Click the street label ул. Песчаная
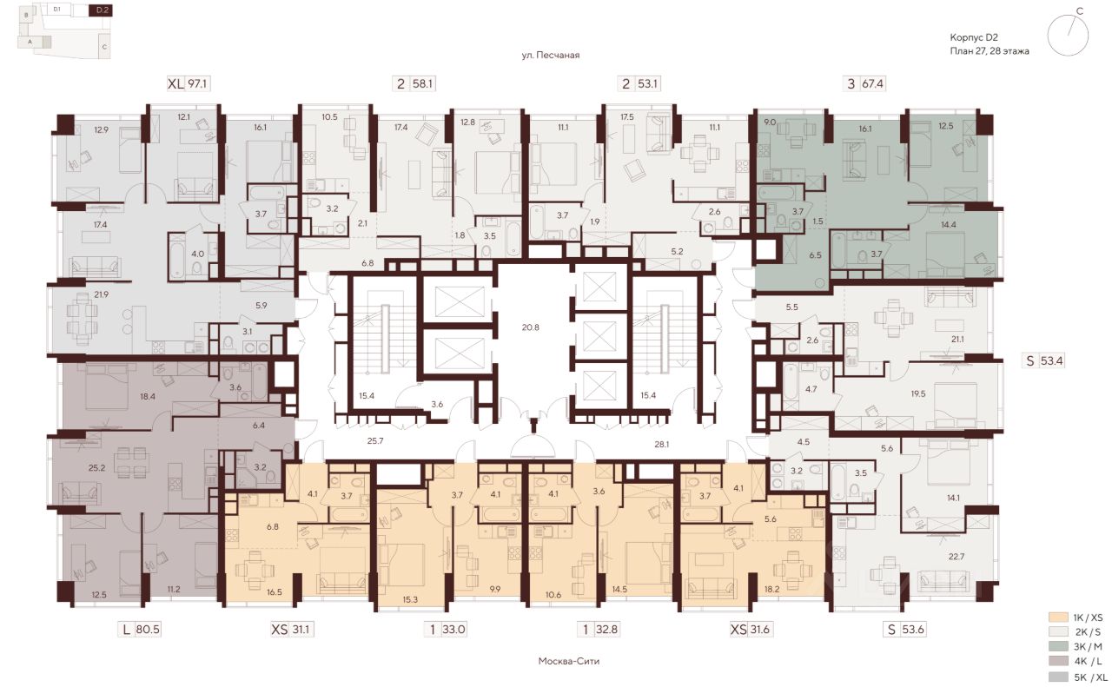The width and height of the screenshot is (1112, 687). pos(551,55)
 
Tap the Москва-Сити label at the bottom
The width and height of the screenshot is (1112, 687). pos(569,661)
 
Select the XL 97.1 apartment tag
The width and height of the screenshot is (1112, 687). pos(188,83)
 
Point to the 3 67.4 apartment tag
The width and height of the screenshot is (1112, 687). pos(864,83)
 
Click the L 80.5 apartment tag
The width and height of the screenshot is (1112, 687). pos(141,630)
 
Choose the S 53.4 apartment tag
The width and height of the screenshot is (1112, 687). pos(1044,361)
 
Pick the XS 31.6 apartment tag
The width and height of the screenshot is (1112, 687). pos(750,630)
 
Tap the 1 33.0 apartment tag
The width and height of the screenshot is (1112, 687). pos(447,630)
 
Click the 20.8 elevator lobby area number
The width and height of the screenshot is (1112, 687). pos(530,327)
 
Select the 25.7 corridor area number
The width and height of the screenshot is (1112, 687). pos(374,440)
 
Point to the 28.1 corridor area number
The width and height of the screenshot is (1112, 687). pos(661,445)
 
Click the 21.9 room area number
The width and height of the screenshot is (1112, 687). pos(101,294)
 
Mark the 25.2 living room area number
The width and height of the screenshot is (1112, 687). pos(96,467)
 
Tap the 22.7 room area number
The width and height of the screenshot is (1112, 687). pos(956,557)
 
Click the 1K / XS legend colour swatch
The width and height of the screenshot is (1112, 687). pos(1058,618)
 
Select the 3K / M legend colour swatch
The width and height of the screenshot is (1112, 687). pos(1058,646)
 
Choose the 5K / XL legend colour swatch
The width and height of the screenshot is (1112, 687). pos(1058,677)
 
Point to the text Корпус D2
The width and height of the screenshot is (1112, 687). pos(974,37)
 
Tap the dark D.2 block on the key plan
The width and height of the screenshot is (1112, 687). pos(100,10)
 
